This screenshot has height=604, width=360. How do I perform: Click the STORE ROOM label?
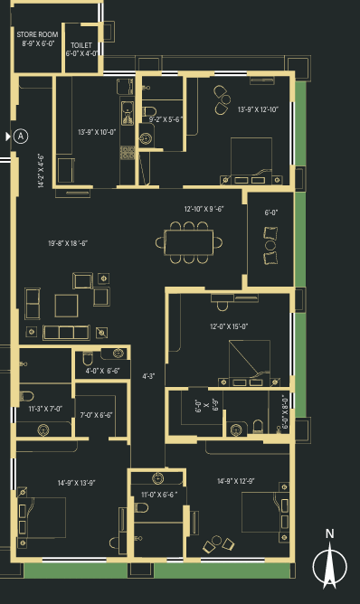point(37,34)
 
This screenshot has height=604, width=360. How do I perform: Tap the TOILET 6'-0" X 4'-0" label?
point(81,50)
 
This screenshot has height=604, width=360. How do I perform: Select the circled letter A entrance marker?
point(21,136)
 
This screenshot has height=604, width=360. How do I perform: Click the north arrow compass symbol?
point(329,563)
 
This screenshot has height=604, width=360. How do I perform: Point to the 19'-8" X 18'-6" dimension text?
point(68,243)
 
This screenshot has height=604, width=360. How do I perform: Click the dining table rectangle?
point(188,242)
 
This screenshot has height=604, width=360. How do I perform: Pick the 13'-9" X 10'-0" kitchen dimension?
point(97,132)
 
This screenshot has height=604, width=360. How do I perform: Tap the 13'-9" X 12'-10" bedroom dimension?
point(258,109)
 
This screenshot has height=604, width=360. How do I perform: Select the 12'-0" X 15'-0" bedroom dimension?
point(229,326)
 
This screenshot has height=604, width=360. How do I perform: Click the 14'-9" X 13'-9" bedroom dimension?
point(76,483)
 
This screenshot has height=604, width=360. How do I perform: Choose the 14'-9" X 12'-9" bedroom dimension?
point(236,481)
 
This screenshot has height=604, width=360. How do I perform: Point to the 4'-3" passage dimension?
point(148,376)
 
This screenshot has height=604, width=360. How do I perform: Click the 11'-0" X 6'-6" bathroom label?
point(159,495)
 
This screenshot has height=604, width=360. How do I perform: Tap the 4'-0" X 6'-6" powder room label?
point(102,371)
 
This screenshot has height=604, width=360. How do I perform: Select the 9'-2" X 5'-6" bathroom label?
point(166,119)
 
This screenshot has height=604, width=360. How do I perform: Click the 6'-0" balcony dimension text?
point(271,212)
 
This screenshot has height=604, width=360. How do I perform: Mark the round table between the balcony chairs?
point(270,245)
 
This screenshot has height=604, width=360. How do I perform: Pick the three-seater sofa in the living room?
point(66,333)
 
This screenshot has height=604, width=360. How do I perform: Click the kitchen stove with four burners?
point(128,153)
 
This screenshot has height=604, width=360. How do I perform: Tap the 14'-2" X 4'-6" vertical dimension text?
point(41,171)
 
